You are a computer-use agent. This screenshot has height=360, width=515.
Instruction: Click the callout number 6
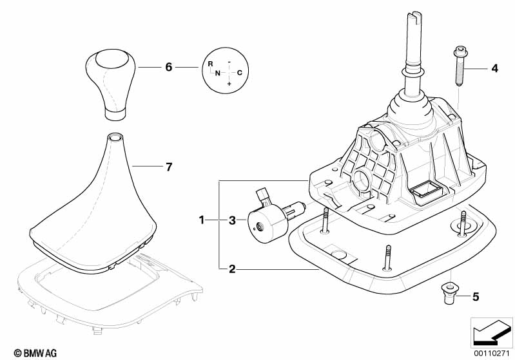pyautogui.click(x=168, y=67)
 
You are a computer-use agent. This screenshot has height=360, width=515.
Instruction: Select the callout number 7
pyautogui.click(x=168, y=167)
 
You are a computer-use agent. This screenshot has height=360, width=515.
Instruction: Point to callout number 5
pyautogui.click(x=476, y=297)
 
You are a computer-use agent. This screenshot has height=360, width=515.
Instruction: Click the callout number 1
pyautogui.click(x=202, y=221)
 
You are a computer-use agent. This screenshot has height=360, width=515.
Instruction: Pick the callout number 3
pyautogui.click(x=233, y=221)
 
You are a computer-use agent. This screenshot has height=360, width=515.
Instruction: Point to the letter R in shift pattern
pyautogui.click(x=210, y=64)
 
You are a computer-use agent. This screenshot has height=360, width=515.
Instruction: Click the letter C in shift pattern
pyautogui.click(x=239, y=73)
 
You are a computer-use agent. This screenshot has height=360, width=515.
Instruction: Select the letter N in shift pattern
pyautogui.click(x=218, y=73)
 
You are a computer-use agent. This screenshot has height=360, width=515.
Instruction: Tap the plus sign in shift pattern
pyautogui.click(x=229, y=84)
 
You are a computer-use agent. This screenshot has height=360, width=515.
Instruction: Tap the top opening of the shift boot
pyautogui.click(x=115, y=137)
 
